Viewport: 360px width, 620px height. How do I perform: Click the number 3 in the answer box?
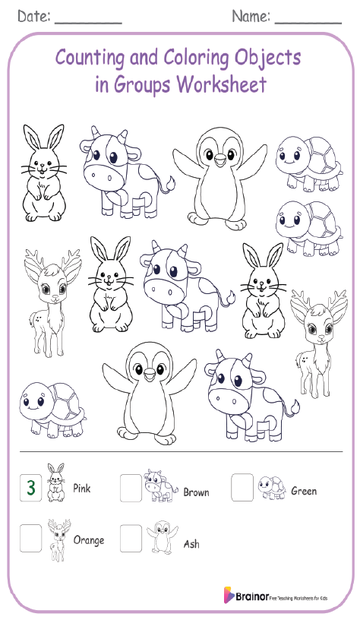(30, 488)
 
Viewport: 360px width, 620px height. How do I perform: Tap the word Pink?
(82, 489)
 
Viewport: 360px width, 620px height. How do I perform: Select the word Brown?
(196, 492)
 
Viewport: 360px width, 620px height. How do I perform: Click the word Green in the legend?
(304, 491)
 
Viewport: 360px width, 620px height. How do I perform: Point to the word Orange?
(89, 540)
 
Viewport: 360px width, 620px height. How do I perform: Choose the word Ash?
(191, 544)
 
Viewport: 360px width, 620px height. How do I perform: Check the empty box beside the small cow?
(131, 487)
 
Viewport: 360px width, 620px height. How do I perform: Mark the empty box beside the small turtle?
(242, 486)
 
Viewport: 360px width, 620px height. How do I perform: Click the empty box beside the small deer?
(31, 537)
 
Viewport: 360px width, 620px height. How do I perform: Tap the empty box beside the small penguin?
(131, 538)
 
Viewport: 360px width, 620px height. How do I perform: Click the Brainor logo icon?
(228, 594)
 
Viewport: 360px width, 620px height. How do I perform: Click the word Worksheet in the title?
(221, 84)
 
